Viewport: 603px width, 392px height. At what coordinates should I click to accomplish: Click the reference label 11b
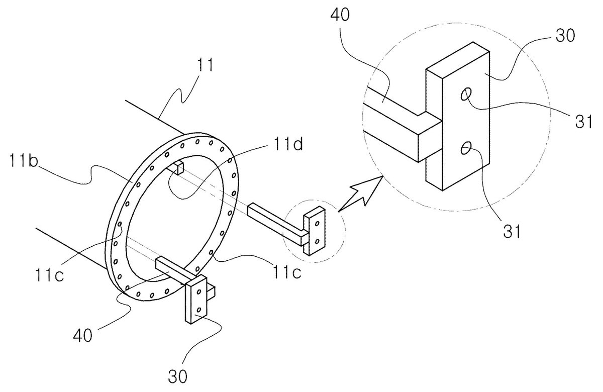(24, 160)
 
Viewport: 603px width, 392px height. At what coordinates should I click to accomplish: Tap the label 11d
(288, 144)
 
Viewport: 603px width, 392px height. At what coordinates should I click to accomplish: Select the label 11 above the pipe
(206, 65)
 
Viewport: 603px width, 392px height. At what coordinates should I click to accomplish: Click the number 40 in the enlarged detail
(340, 15)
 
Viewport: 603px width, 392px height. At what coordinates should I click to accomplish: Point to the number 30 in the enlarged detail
(565, 36)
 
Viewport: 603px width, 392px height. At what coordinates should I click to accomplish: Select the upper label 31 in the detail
(583, 122)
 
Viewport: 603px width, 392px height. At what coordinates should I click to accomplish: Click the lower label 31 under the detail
(512, 231)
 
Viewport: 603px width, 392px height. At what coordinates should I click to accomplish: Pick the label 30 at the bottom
(178, 376)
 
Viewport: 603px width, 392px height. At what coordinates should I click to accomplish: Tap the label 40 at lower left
(83, 335)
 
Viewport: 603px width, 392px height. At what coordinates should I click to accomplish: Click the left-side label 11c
(49, 275)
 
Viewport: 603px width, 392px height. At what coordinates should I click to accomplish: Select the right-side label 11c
(287, 272)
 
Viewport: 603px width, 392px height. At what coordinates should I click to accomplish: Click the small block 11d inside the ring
(179, 168)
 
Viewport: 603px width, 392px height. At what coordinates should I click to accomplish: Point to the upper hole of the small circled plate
(318, 224)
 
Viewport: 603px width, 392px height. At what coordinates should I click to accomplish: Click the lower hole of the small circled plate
(318, 241)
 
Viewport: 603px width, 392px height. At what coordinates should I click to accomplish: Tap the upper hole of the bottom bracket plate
(199, 291)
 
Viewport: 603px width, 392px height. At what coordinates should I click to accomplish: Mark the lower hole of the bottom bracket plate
(199, 310)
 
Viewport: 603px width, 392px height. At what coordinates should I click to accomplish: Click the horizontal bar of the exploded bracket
(277, 225)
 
